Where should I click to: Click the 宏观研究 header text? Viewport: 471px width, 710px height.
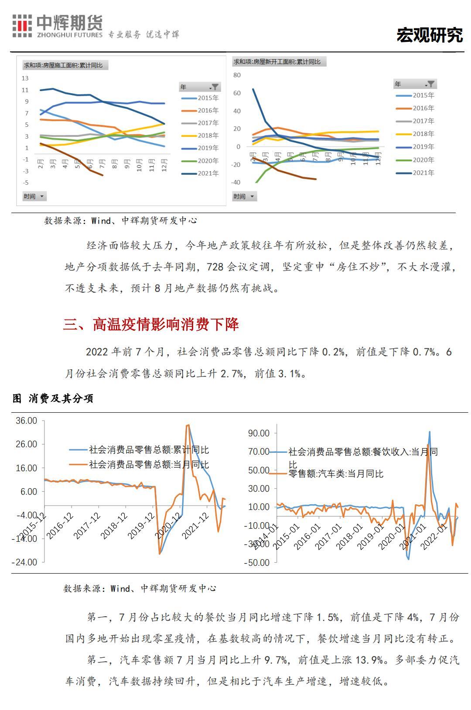click(429, 35)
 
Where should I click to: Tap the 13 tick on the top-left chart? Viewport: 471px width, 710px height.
click(25, 78)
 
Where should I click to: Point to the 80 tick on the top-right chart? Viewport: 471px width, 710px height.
click(237, 75)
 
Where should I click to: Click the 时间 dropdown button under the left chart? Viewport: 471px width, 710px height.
click(34, 196)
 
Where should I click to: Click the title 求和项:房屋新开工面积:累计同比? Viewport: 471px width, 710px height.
click(277, 62)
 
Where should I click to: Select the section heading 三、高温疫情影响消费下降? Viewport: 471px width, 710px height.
click(151, 324)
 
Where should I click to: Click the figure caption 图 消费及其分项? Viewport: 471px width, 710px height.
click(53, 398)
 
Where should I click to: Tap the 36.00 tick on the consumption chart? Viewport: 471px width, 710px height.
click(27, 421)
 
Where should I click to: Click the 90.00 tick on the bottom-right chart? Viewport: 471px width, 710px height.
click(259, 433)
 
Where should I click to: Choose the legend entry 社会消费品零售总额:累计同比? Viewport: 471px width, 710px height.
click(149, 449)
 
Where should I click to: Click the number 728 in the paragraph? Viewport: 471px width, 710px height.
click(215, 267)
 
